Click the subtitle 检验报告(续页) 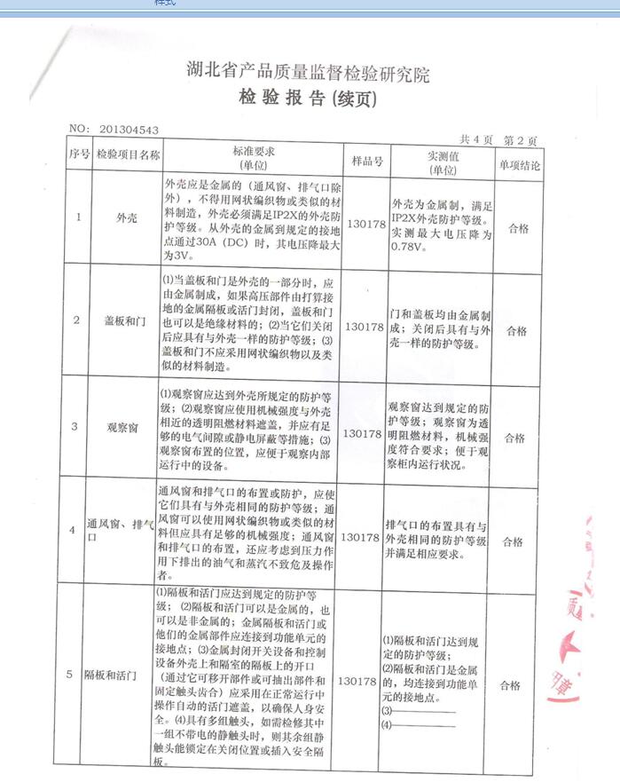click(x=309, y=99)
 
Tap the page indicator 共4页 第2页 click(x=498, y=140)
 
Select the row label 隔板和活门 click(x=115, y=676)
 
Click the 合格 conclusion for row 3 click(x=515, y=437)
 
